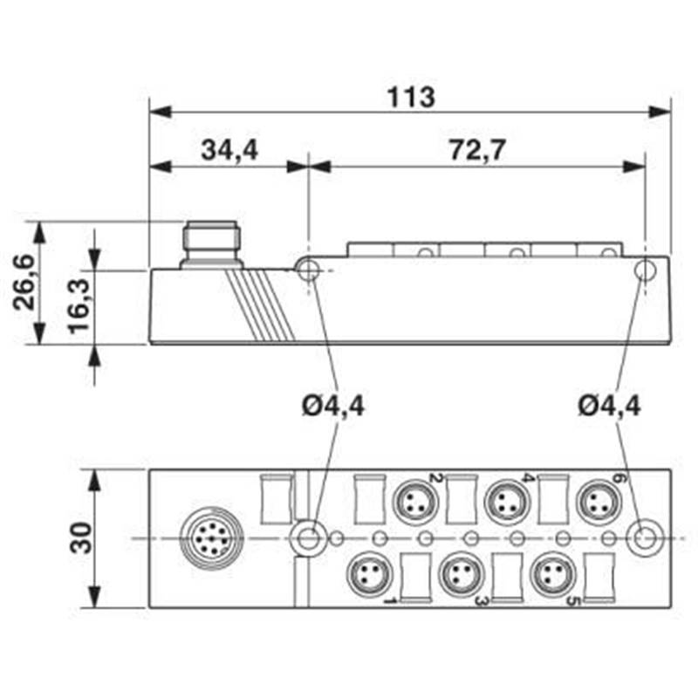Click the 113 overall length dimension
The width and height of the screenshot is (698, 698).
coord(411,97)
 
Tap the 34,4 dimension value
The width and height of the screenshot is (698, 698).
coord(229,150)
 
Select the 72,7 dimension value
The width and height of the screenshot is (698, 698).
coord(477,150)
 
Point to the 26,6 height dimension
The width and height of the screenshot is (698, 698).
coord(24,283)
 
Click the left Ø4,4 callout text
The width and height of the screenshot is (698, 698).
coord(335,406)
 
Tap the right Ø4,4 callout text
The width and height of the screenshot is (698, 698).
coord(609,406)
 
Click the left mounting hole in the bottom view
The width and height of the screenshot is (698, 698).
coord(307,538)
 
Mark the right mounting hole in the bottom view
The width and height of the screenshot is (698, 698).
coord(645,538)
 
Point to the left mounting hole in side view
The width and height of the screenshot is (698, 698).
coord(308,271)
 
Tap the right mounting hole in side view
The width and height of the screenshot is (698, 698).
coord(645,270)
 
